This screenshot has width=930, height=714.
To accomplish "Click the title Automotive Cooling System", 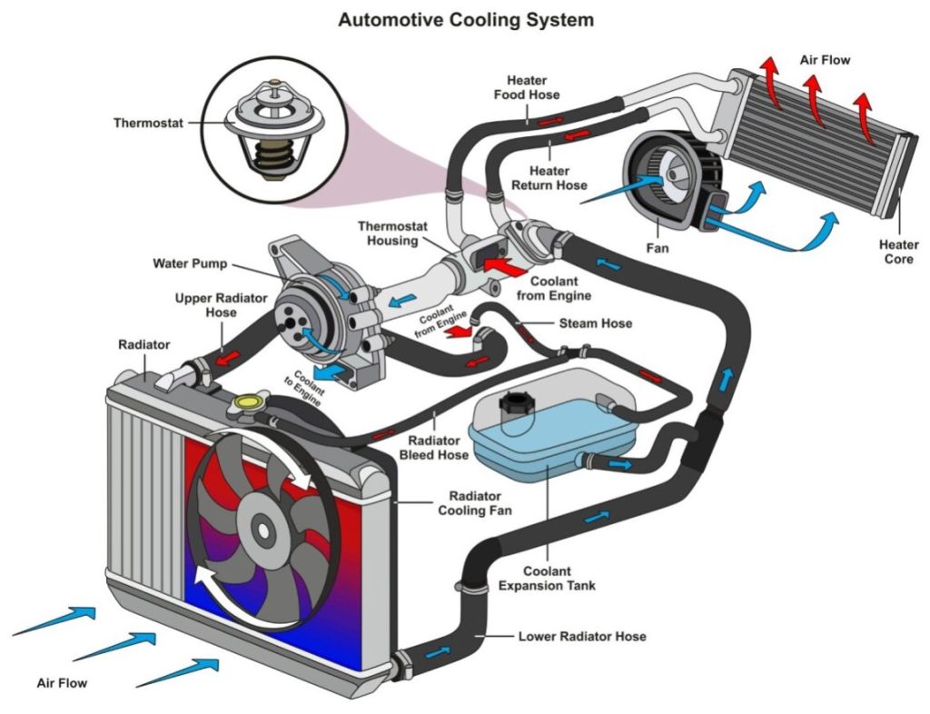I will [x=465, y=19].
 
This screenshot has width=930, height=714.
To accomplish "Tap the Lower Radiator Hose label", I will [x=582, y=637].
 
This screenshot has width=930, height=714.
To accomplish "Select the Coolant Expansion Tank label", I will [x=547, y=579].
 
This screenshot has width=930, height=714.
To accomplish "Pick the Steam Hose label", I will [x=596, y=323].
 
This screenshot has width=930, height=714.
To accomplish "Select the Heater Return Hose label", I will [x=549, y=178].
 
